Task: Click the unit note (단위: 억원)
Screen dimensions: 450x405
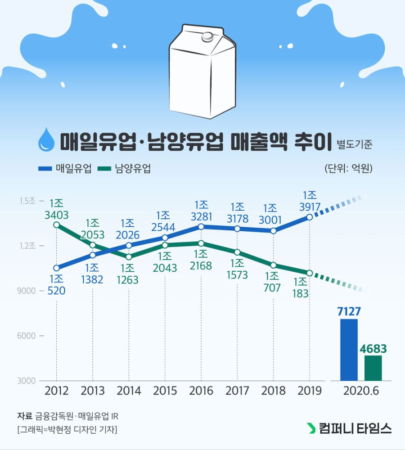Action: (348, 169)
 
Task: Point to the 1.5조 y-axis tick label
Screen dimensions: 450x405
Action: (27, 201)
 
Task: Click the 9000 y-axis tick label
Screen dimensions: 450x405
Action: (27, 291)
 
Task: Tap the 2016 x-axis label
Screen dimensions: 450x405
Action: (201, 391)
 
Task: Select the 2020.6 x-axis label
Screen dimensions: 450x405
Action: (361, 391)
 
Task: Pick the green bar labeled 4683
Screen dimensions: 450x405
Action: (373, 368)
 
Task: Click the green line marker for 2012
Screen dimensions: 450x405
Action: (56, 225)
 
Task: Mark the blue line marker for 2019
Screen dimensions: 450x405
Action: (310, 217)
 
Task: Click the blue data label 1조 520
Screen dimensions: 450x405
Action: (56, 285)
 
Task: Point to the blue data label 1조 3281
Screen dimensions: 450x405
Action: (201, 211)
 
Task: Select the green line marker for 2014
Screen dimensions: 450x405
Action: (129, 257)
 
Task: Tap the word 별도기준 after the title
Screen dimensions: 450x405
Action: (355, 145)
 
